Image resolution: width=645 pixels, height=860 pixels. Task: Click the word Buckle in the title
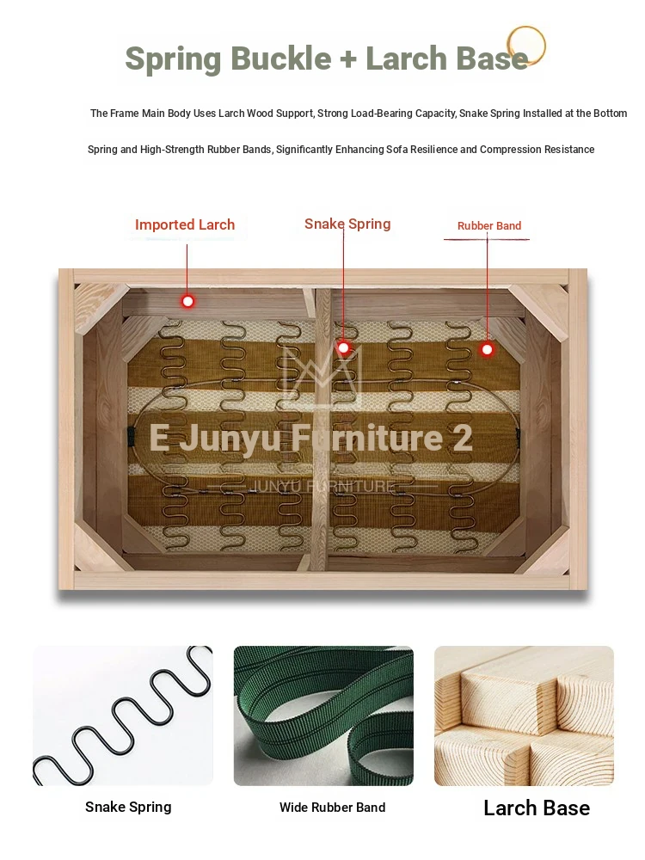(x=281, y=58)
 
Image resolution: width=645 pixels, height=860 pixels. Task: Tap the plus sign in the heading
(x=348, y=59)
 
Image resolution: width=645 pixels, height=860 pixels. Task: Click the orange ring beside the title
(x=526, y=46)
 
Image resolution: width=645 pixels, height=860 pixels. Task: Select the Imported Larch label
(x=185, y=224)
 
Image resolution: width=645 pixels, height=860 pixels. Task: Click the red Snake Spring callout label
(x=347, y=224)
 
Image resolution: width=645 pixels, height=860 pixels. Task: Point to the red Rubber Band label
(x=489, y=225)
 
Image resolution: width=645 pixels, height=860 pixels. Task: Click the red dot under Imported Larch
(x=188, y=301)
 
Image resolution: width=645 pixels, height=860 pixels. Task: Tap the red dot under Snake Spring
(x=343, y=347)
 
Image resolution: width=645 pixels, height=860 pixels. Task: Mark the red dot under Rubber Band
(x=487, y=349)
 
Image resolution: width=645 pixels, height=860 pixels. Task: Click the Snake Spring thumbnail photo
(x=123, y=716)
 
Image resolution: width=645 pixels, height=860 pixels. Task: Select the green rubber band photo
(x=323, y=716)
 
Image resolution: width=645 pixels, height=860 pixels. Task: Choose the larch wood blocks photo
(x=524, y=716)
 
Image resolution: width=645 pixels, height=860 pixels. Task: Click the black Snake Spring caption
(x=128, y=808)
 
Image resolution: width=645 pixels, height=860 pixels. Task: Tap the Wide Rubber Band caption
(x=332, y=808)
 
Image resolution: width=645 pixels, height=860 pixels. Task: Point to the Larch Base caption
(x=537, y=808)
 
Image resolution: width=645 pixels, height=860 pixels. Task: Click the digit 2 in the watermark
(x=463, y=438)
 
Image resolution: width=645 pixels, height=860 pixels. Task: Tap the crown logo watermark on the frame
(x=322, y=372)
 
